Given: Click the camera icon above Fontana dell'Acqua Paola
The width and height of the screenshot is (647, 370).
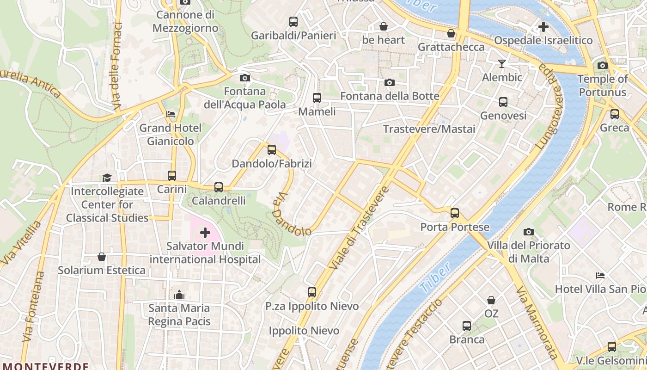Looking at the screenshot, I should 245,78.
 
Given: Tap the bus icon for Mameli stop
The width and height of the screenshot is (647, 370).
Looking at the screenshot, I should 317,98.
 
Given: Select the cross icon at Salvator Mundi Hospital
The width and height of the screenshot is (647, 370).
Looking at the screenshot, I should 205,232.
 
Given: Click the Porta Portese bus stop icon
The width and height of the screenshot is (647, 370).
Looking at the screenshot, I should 455,213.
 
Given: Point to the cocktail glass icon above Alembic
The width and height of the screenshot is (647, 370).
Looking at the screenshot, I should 502,63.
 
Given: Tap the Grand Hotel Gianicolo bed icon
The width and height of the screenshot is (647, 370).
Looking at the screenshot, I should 171,114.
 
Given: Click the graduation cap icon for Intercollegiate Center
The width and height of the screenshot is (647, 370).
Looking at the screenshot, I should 107,177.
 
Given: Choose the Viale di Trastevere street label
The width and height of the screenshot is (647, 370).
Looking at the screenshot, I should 360,228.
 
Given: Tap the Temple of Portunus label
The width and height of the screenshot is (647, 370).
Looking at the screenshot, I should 603,85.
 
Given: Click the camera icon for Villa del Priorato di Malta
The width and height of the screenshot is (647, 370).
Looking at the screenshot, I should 529,232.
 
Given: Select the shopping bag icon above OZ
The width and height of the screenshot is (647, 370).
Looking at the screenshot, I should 491,300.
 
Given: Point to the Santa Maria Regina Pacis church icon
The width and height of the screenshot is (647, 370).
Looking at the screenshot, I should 179,294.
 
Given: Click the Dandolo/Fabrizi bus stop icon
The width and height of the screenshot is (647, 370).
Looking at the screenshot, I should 272,149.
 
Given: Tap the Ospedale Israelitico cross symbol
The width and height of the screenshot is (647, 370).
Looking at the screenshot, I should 543,26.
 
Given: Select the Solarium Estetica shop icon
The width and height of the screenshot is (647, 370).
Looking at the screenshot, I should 102,256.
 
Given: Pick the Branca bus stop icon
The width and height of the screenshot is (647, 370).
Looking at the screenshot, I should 467,326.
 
